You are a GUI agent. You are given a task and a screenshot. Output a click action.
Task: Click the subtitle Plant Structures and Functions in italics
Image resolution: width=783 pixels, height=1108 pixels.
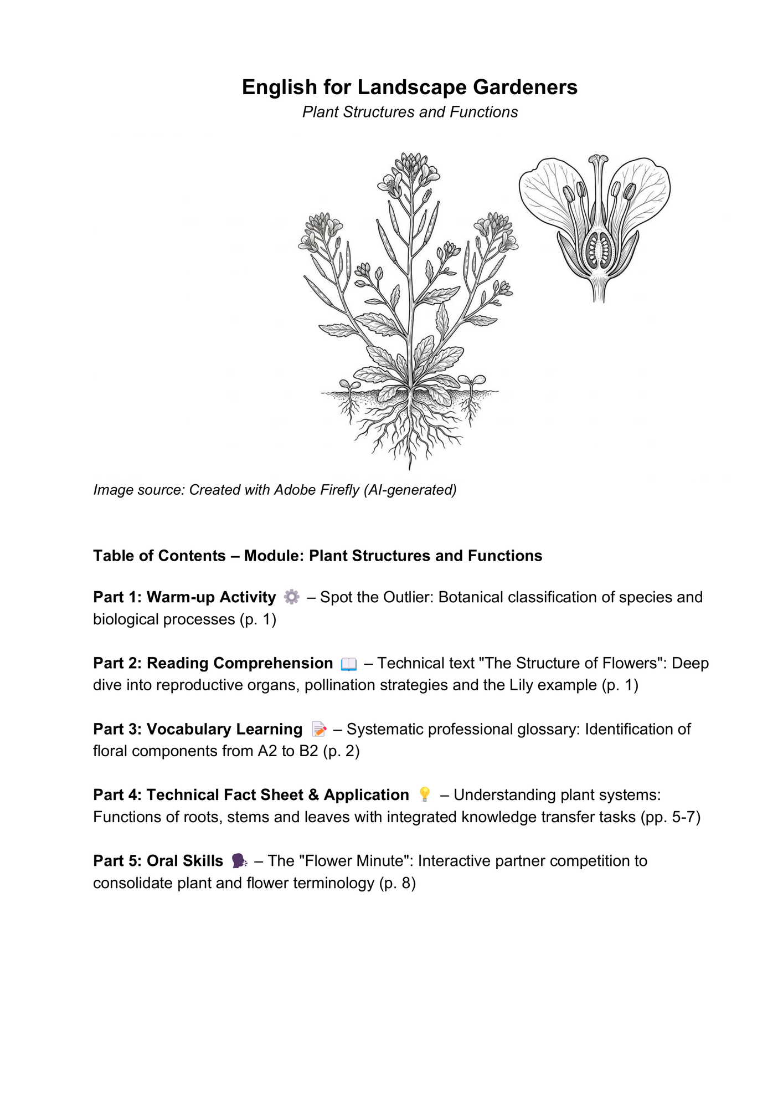click(410, 112)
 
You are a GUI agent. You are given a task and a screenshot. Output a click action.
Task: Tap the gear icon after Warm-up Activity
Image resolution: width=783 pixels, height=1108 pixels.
click(291, 597)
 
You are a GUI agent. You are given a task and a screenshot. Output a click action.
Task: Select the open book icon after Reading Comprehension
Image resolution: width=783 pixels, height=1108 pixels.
click(349, 664)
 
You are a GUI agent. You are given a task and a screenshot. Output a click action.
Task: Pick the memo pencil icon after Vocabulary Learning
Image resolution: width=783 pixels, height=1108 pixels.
click(319, 730)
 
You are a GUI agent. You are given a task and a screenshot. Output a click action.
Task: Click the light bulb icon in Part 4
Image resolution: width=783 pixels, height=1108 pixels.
click(425, 795)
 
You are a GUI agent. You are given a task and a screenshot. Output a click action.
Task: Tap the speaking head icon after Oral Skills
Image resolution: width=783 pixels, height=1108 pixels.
click(239, 861)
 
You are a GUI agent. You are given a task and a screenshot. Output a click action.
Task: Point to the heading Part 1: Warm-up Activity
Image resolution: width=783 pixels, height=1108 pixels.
click(184, 597)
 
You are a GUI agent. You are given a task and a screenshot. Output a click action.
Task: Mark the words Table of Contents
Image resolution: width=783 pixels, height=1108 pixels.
click(159, 556)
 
